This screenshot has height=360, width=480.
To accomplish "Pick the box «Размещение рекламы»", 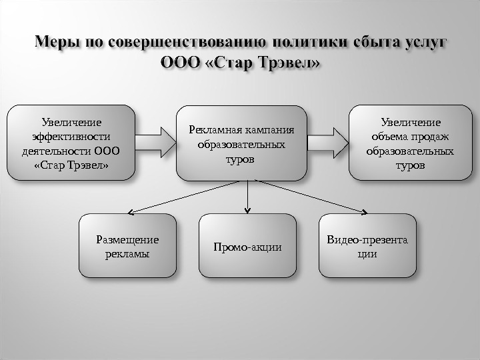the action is coord(127,245).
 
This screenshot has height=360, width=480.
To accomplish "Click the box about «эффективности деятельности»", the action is coord(71,143).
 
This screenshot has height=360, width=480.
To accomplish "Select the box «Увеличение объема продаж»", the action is coord(410,143).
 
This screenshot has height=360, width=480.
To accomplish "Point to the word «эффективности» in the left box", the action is coord(71,137).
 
